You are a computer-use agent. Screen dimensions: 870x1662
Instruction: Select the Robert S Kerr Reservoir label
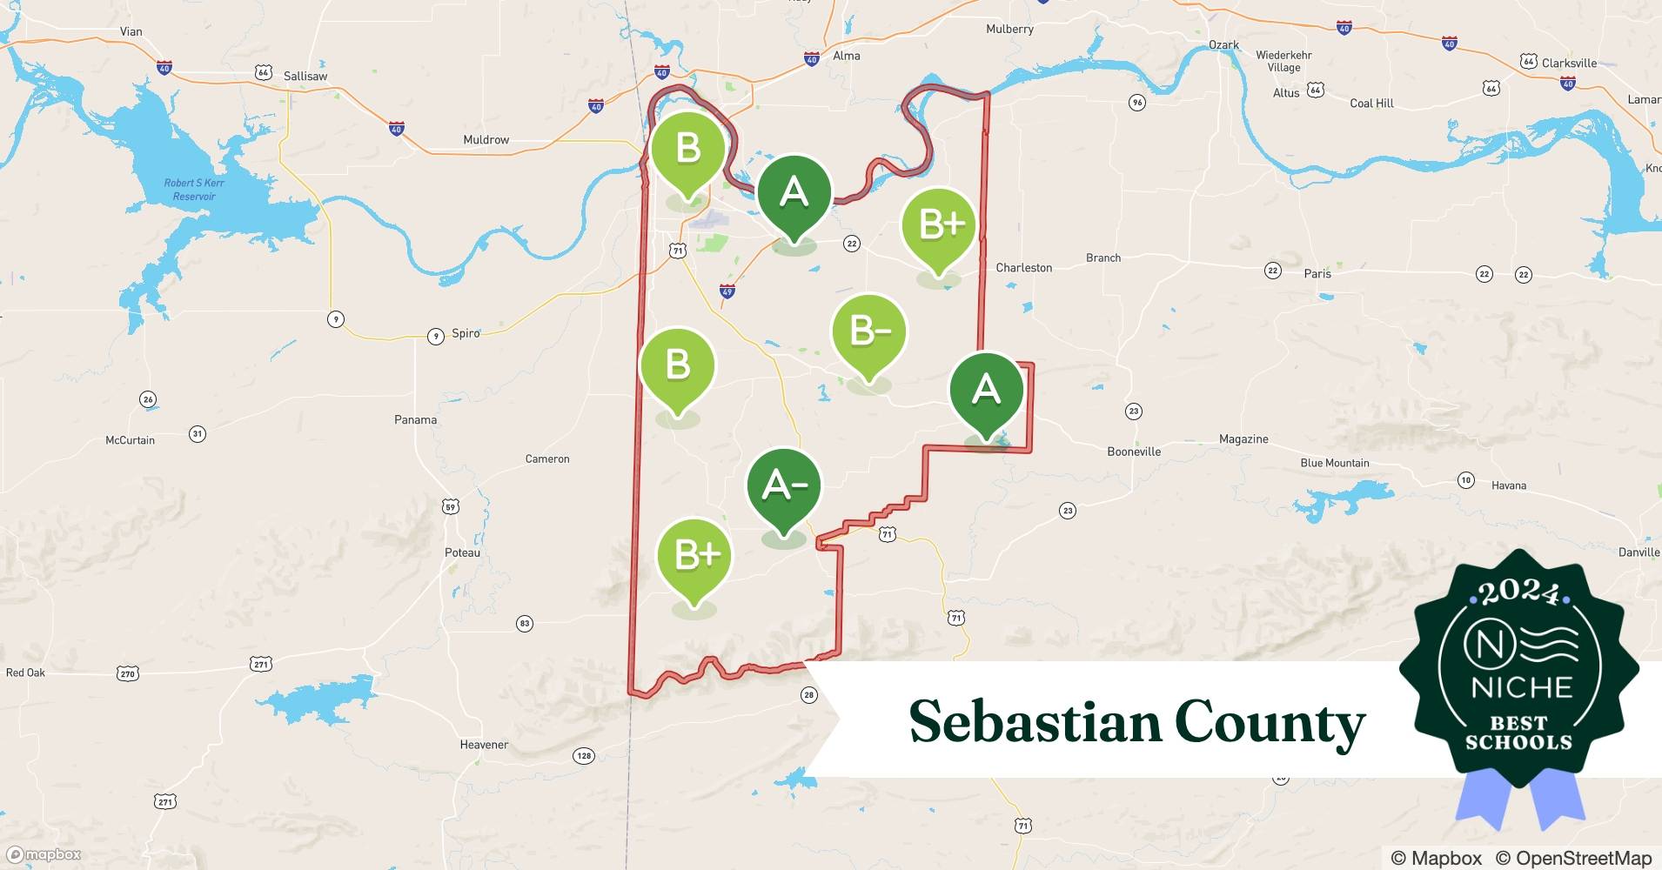click(x=194, y=190)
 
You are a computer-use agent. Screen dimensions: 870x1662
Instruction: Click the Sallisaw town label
click(x=305, y=76)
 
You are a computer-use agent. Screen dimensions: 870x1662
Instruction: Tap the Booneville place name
click(x=1134, y=452)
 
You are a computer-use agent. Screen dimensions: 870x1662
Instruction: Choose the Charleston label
click(x=1023, y=267)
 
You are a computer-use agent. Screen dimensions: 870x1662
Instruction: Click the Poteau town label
click(x=462, y=552)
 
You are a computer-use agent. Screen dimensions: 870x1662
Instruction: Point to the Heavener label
click(x=484, y=745)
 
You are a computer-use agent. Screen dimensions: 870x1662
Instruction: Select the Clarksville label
click(x=1569, y=63)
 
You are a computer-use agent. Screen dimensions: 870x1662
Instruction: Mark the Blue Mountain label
click(x=1334, y=463)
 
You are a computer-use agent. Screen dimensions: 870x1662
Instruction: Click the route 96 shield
click(x=1136, y=103)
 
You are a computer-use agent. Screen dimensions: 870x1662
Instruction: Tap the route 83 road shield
click(x=524, y=623)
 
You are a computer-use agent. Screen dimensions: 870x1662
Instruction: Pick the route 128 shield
click(x=584, y=755)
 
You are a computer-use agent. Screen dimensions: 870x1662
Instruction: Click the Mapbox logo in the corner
click(x=44, y=855)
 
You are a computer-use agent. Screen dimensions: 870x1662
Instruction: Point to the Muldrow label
click(x=486, y=139)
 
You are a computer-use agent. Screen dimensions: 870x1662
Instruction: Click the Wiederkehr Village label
click(x=1283, y=61)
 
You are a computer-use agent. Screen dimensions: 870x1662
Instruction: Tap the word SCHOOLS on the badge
click(x=1518, y=742)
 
